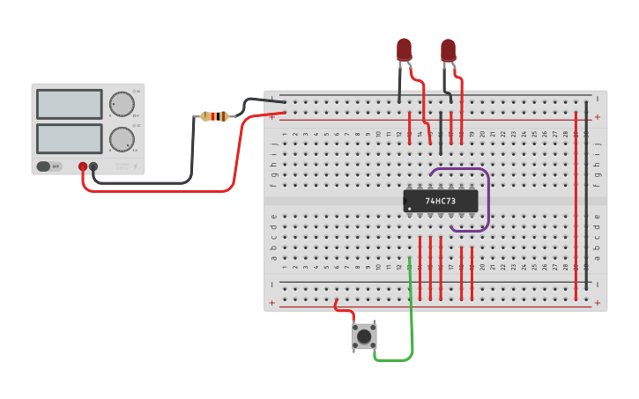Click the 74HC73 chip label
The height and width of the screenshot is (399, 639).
pos(441,201)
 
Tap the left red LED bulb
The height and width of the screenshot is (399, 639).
pos(404,48)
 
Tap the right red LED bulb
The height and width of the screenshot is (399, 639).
pos(448,49)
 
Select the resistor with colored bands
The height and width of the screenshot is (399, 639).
pos(214,116)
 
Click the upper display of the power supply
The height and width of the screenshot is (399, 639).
pos(70,104)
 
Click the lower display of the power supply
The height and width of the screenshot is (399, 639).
pos(70,138)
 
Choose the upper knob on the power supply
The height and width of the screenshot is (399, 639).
pos(122,104)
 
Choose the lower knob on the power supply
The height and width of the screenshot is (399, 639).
pos(122,138)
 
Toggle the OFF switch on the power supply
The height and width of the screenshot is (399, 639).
pos(49,166)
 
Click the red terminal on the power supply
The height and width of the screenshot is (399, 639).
pos(83,166)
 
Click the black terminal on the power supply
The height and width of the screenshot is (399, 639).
pos(93,166)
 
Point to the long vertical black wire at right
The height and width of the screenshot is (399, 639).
pos(586,194)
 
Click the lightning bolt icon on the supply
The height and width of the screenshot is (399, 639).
pos(135,166)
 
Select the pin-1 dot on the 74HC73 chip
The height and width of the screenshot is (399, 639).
pos(408,209)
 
